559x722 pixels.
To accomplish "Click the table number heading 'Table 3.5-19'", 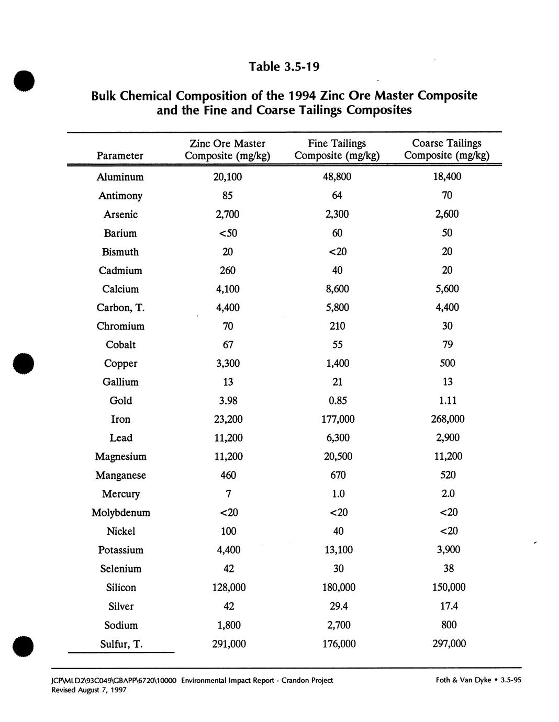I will coord(284,67).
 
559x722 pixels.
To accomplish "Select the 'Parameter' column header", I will coord(120,155).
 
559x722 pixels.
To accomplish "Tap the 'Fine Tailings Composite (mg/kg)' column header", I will coord(337,149).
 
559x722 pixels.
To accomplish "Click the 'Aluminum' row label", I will coord(120,177).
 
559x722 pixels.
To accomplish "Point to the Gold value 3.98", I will coord(228,401).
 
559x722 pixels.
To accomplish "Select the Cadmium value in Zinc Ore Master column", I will coord(228,270).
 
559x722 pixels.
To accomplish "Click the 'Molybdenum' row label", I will coord(121,513).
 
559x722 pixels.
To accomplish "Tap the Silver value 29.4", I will coord(338,606).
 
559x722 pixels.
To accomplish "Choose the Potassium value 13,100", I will coord(338,550).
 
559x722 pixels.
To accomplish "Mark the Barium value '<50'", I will coord(228,233).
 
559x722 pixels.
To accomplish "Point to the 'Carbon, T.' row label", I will coord(120,308).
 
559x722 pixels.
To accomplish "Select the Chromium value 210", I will coord(338,326).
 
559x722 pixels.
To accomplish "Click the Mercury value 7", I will coord(228,494).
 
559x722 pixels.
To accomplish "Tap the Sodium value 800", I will coord(449,625).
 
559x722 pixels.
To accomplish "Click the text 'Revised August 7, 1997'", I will coord(88,690).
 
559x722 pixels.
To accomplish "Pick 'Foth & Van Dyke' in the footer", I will coord(463,680).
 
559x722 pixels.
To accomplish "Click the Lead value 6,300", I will coord(338,438).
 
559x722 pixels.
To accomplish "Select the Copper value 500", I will coord(448,363).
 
